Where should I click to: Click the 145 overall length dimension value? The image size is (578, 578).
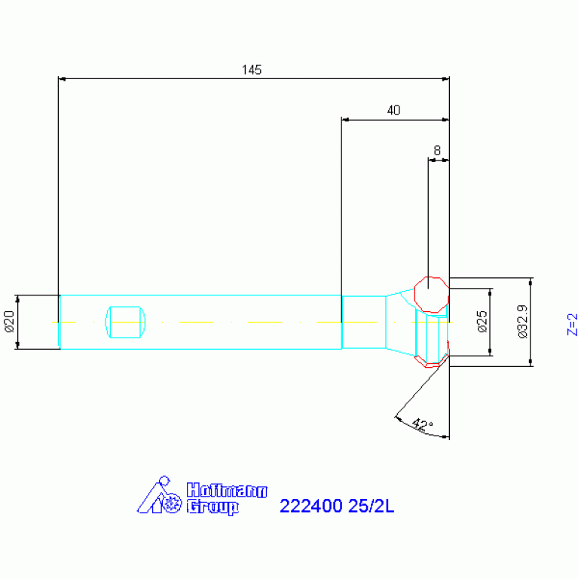[x=252, y=69]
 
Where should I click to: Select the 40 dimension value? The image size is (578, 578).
[x=393, y=110]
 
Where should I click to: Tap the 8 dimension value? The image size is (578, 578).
[x=437, y=151]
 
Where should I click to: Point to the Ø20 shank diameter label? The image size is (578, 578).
[x=10, y=322]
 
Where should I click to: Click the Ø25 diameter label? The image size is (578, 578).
[x=482, y=322]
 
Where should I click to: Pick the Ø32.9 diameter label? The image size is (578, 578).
[x=522, y=322]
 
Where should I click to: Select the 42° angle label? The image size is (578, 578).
[x=422, y=425]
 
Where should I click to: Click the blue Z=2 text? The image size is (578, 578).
[x=572, y=324]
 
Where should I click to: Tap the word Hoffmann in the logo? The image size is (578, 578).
[x=227, y=491]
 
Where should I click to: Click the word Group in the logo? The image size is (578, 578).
[x=213, y=507]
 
